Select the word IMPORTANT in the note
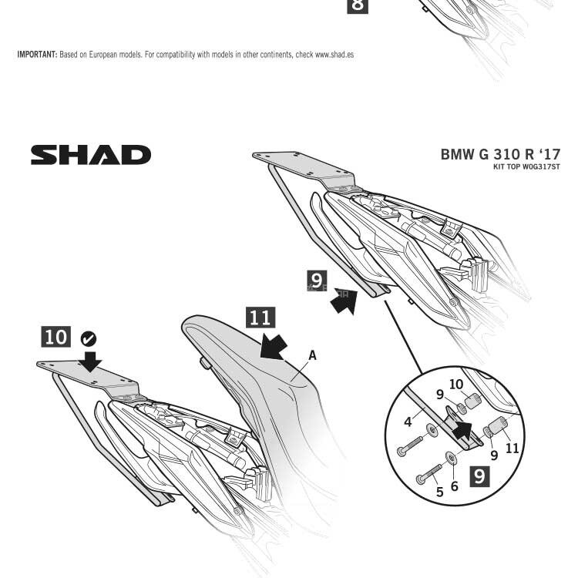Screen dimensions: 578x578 [x=37, y=55]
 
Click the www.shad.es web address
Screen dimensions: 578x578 [x=334, y=55]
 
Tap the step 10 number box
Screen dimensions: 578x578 [x=55, y=337]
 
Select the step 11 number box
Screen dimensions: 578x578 [x=260, y=317]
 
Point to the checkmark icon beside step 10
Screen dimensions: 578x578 [x=89, y=338]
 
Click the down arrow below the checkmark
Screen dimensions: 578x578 [x=91, y=360]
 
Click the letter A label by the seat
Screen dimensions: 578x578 [x=312, y=355]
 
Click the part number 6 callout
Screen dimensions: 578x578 [x=454, y=486]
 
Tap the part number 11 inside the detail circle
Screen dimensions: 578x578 [x=512, y=448]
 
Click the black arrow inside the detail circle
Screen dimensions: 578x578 [x=463, y=428]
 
